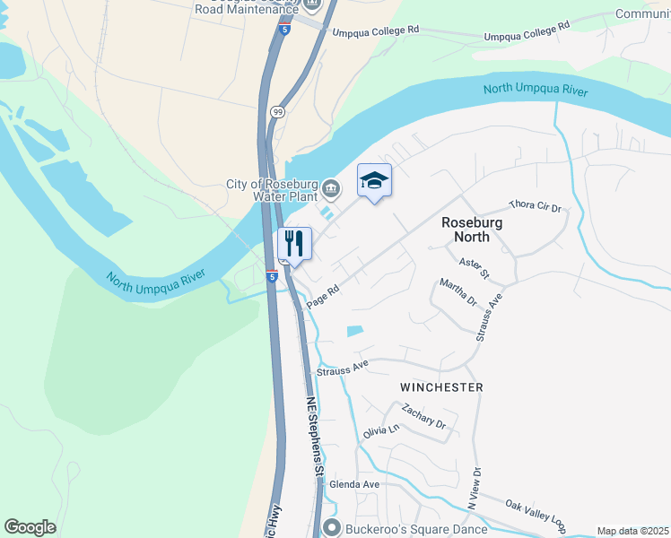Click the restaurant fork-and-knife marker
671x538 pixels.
pos(293,244)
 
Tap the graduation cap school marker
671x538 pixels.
pos(375,181)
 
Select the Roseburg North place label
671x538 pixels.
pos(471,230)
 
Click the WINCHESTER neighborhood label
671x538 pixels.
pos(441,387)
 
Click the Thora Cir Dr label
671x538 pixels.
pos(535,206)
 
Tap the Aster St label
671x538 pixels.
pos(473,267)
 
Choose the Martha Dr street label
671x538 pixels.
pos(457,292)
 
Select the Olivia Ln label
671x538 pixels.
pos(380,431)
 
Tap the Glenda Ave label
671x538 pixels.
pos(354,484)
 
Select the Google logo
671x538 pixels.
pos(30,527)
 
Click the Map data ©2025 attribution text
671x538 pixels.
pos(632,531)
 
